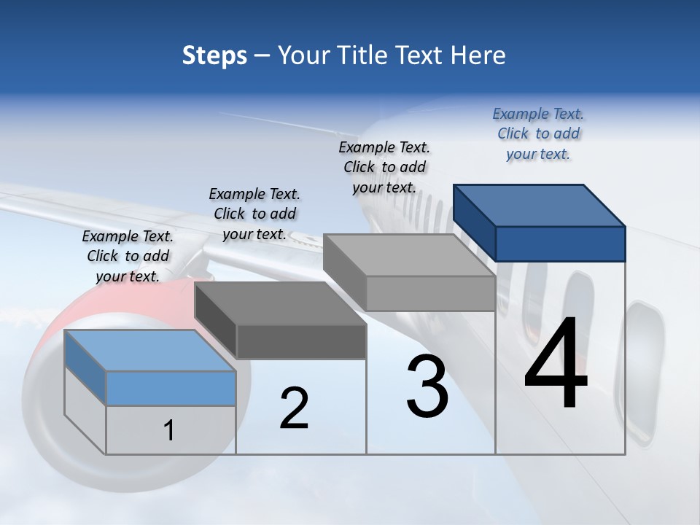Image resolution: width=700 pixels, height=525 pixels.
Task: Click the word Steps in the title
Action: pyautogui.click(x=214, y=55)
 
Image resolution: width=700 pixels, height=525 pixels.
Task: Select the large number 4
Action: pyautogui.click(x=556, y=365)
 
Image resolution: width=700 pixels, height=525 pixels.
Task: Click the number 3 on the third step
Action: pyautogui.click(x=427, y=386)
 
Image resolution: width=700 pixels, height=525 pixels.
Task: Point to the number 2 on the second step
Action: pyautogui.click(x=294, y=408)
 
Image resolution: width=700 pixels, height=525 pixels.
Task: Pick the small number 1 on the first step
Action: pyautogui.click(x=168, y=430)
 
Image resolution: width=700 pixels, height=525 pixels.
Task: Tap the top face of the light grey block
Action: pyautogui.click(x=408, y=255)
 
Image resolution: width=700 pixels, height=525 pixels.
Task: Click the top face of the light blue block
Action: pyautogui.click(x=150, y=351)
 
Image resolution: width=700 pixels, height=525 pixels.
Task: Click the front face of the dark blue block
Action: pyautogui.click(x=560, y=244)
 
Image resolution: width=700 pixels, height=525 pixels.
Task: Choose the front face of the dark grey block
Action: pyautogui.click(x=300, y=341)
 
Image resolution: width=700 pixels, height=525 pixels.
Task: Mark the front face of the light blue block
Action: pyautogui.click(x=171, y=388)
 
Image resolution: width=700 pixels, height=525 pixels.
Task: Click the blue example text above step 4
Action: pyautogui.click(x=538, y=133)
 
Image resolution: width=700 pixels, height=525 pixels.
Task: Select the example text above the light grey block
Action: pyautogui.click(x=384, y=167)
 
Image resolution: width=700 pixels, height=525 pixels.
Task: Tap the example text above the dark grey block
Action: pyautogui.click(x=254, y=214)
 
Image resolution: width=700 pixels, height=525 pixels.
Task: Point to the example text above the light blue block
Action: pyautogui.click(x=128, y=256)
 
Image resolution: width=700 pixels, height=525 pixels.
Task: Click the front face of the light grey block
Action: pyautogui.click(x=430, y=293)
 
